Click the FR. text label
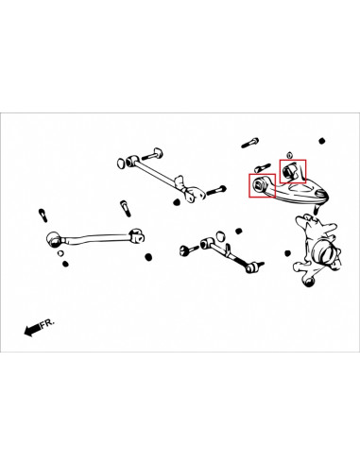point(47,323)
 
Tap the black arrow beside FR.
point(32,330)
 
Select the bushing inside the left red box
point(258,183)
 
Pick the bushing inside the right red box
point(289,171)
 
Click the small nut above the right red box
point(289,155)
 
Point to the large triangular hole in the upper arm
point(300,187)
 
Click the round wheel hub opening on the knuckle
point(326,254)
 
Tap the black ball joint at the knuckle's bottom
point(309,282)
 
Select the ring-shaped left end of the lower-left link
point(54,239)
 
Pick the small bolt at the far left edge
point(43,215)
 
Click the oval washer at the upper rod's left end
point(121,163)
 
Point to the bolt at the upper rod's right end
point(216,190)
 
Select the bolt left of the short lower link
point(189,250)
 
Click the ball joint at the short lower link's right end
point(252,267)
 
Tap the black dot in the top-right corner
point(321,141)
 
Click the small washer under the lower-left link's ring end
point(60,253)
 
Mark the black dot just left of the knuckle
point(287,253)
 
